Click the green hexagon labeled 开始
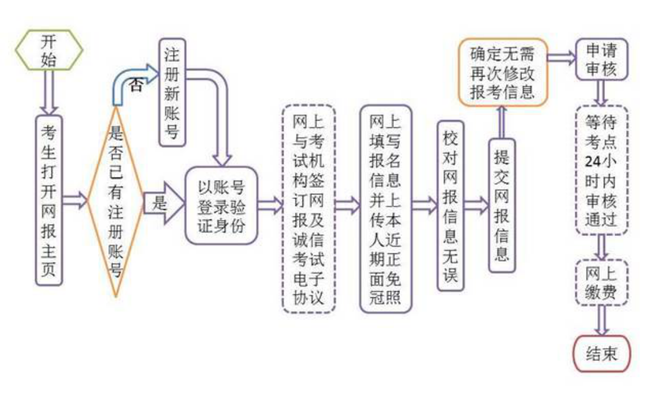pos(49,49)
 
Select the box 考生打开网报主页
pos(49,200)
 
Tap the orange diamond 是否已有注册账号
pos(115,201)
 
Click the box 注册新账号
pos(172,92)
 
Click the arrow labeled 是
pos(163,203)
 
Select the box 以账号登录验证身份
pos(221,206)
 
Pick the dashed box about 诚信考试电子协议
pos(308,209)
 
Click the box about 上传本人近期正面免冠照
pos(386,209)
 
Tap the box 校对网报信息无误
pos(451,206)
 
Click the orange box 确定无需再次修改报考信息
pos(503,72)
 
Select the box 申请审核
pos(602,59)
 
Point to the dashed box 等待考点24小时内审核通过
pos(602,170)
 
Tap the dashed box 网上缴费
pos(602,282)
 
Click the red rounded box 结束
pos(602,354)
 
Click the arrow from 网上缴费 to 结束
pos(602,320)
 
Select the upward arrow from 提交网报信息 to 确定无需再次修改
pos(502,122)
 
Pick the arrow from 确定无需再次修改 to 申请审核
pos(562,58)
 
